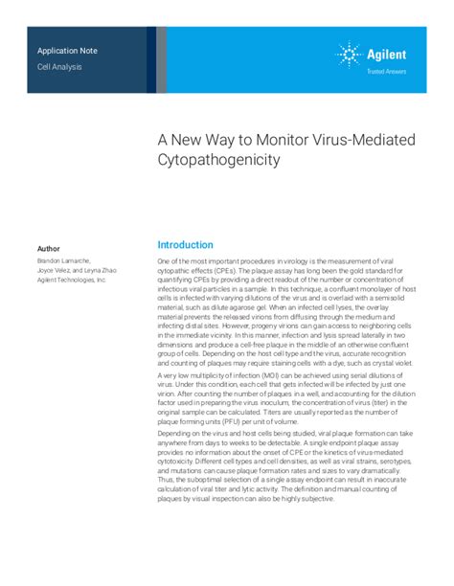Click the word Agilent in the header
tap(390, 55)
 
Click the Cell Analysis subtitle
tap(59, 66)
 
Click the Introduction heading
tap(186, 245)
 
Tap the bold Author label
tap(48, 249)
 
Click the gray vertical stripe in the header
tap(161, 59)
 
